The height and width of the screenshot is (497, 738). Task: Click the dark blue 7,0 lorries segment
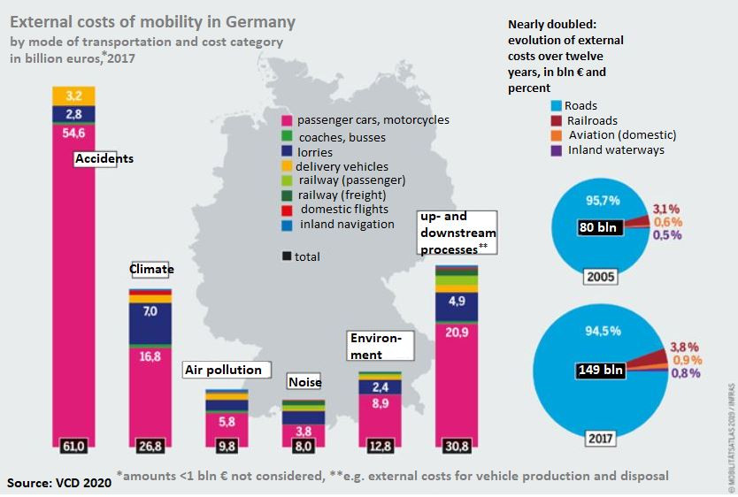coord(150,311)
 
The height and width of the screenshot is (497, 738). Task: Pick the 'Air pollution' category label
coord(223,370)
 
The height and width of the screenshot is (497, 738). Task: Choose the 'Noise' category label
coord(304,382)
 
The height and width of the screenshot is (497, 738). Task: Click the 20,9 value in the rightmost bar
coord(457,331)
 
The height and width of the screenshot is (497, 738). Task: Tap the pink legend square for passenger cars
coord(287,120)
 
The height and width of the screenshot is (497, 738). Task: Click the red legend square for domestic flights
coord(287,209)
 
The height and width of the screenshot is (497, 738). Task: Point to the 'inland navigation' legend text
coord(347,224)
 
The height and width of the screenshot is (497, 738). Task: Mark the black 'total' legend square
coord(287,256)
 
